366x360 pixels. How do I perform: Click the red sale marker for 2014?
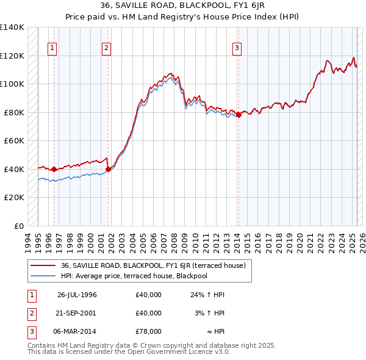click(239, 115)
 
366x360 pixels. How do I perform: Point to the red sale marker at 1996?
click(54, 169)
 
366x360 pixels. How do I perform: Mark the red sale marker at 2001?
click(109, 169)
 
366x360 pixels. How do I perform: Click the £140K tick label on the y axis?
click(12, 27)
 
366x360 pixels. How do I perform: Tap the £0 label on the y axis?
click(18, 226)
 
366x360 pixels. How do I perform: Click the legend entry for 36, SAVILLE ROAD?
click(152, 265)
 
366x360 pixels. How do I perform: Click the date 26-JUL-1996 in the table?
click(77, 295)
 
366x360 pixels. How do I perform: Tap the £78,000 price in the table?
click(148, 331)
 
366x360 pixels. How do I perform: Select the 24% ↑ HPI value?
click(207, 295)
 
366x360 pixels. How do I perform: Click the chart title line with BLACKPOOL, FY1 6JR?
click(183, 6)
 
